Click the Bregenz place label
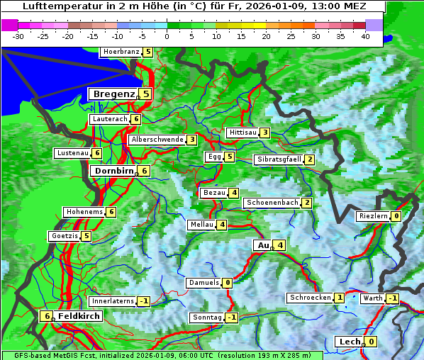pos(113,94)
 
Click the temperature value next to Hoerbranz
pos(147,52)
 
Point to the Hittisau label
pos(242,133)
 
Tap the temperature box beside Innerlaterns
pos(143,301)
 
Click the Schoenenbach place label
pos(272,203)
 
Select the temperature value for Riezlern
pos(396,216)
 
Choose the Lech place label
pos(350,342)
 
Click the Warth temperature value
pos(392,298)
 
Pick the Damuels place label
pos(203,283)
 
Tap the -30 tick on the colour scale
pos(18,35)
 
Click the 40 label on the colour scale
pos(365,35)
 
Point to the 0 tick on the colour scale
pos(167,35)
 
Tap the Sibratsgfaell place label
pos(279,159)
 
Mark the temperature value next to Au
pos(281,245)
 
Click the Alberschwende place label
pos(157,140)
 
